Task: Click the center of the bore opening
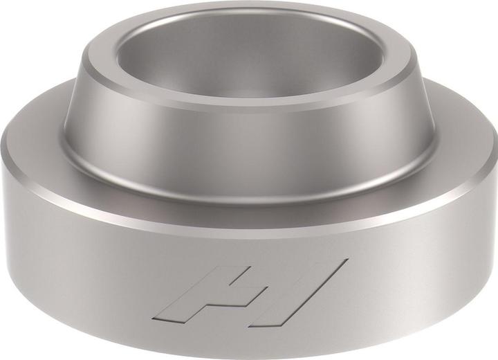coord(249,59)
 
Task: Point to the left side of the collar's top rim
coord(93,59)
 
